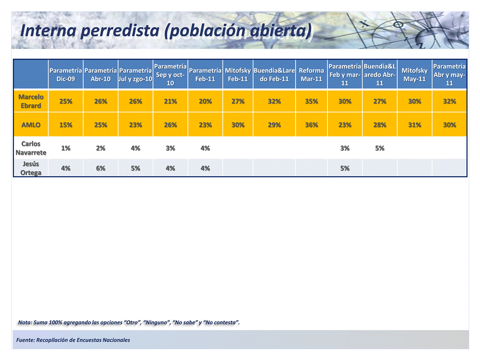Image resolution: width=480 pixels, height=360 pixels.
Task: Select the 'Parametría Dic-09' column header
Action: (x=65, y=75)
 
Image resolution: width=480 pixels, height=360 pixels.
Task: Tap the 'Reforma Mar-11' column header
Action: (x=311, y=75)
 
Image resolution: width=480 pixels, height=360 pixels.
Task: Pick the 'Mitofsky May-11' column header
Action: (x=415, y=75)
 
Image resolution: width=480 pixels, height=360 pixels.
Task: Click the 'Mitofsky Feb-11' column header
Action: (x=238, y=75)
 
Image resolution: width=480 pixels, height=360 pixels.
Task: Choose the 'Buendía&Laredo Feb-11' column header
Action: (x=274, y=75)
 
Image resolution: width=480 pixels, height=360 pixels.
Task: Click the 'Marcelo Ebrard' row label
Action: (x=31, y=101)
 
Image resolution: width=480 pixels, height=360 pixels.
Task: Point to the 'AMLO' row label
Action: (x=31, y=125)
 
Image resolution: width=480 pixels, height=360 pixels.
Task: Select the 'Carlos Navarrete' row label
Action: (x=31, y=148)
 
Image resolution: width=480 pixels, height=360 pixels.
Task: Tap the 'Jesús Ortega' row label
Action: (x=31, y=168)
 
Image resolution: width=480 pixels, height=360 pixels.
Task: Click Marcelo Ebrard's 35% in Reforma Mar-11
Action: (x=311, y=101)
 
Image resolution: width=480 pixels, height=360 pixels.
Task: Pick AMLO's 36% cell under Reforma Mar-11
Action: (x=311, y=125)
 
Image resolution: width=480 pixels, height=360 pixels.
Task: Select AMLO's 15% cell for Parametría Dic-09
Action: (x=65, y=125)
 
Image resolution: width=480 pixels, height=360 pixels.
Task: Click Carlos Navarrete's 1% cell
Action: (x=65, y=148)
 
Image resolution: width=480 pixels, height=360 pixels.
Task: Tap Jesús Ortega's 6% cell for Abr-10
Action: (x=100, y=168)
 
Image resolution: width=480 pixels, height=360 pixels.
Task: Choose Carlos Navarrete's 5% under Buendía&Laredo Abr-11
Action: (x=380, y=148)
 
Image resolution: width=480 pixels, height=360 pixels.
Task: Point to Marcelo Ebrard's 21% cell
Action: (x=170, y=101)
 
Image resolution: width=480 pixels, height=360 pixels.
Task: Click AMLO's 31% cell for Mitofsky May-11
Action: (x=415, y=125)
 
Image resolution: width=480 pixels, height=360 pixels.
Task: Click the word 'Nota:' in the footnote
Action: (x=24, y=323)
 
